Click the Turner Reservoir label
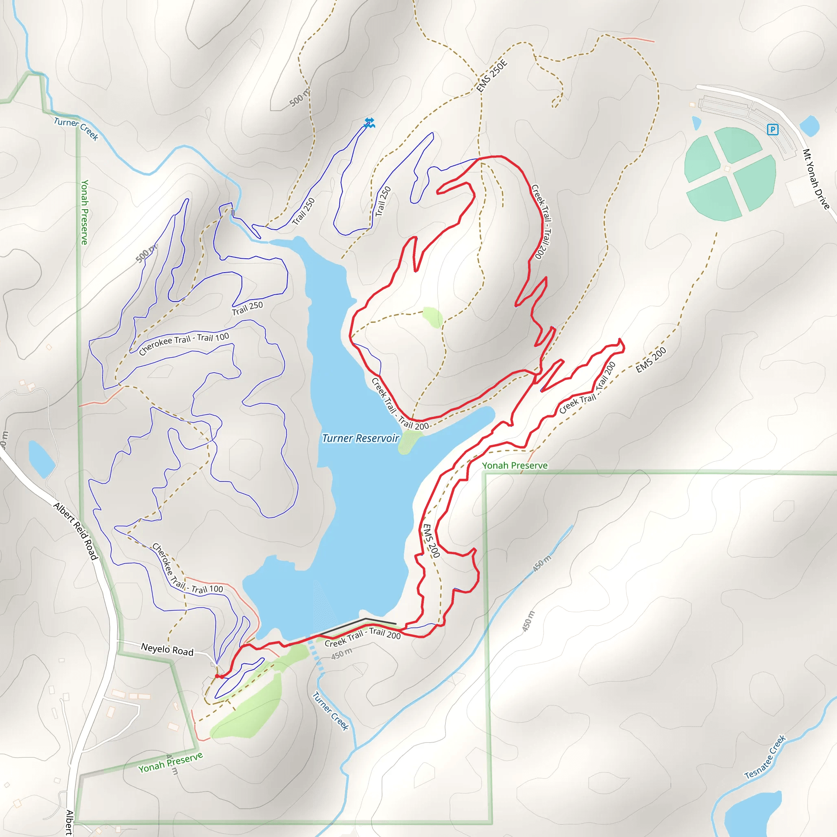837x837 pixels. pyautogui.click(x=360, y=439)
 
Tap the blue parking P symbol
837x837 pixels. pyautogui.click(x=772, y=129)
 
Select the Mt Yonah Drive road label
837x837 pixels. pyautogui.click(x=815, y=179)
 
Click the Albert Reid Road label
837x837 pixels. pyautogui.click(x=76, y=531)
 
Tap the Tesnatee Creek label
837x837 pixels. pyautogui.click(x=765, y=757)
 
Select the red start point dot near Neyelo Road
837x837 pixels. pyautogui.click(x=217, y=676)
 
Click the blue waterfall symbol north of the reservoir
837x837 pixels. pyautogui.click(x=369, y=123)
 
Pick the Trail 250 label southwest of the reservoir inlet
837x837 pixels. pyautogui.click(x=247, y=308)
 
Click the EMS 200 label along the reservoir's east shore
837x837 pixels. pyautogui.click(x=431, y=540)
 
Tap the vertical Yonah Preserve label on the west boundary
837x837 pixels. pyautogui.click(x=85, y=212)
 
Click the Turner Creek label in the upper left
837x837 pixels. pyautogui.click(x=76, y=128)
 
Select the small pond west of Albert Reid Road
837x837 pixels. pyautogui.click(x=41, y=458)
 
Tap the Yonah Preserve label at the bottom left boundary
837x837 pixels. pyautogui.click(x=170, y=763)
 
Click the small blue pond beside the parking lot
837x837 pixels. pyautogui.click(x=809, y=125)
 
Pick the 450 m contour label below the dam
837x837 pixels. pyautogui.click(x=342, y=654)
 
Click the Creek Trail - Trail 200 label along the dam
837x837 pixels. pyautogui.click(x=363, y=637)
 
